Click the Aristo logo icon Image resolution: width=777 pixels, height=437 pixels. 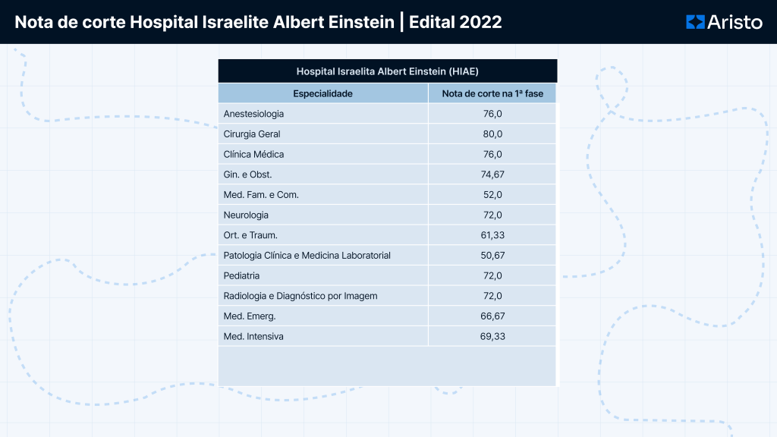pos(695,22)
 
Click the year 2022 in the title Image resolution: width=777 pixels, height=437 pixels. pos(479,22)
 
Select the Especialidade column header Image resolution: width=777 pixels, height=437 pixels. pos(323,93)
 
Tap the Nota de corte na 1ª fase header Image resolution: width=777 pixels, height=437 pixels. pos(492,93)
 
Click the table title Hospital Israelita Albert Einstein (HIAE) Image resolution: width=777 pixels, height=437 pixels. pos(387,71)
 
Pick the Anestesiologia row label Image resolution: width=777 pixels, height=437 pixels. pos(254,114)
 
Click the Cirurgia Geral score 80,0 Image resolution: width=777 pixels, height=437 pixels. pos(492,134)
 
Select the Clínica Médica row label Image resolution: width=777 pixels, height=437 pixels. pos(254,154)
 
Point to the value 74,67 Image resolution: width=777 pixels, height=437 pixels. pos(492,174)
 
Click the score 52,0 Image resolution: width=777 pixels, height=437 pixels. pos(492,195)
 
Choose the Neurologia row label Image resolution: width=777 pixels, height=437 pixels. pos(246,215)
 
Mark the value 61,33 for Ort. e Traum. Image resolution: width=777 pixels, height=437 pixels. pos(492,235)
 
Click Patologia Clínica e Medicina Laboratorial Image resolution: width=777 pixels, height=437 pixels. pos(307,256)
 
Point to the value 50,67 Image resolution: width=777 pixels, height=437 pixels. pos(492,256)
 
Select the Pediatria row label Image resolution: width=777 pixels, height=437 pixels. pos(242,275)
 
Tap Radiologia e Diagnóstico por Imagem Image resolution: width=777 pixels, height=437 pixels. pos(300,296)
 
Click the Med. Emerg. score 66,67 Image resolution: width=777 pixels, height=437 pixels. pos(492,316)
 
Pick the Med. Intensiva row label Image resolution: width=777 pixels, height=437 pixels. pos(253,336)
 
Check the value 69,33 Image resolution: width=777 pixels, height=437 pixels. pos(492,336)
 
